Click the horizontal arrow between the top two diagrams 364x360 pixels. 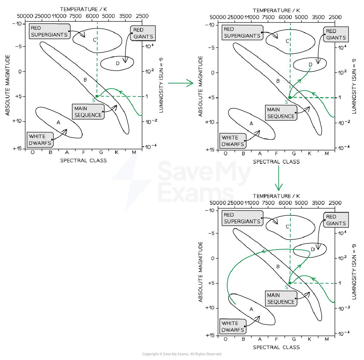181,83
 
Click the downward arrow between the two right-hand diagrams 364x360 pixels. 279,178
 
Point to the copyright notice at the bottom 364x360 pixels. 182,354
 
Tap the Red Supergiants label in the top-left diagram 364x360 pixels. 49,31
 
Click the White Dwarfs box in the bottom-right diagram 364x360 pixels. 233,326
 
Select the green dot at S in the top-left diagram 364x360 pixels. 97,96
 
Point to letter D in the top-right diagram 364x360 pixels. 310,64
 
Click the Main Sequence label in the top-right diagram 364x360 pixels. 281,113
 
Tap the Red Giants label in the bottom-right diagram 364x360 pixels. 336,220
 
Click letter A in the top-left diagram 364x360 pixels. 59,122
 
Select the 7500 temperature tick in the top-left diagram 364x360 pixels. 75,16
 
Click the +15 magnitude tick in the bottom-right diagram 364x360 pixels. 210,335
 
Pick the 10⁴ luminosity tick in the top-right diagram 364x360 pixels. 342,47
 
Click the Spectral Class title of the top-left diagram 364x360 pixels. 84,160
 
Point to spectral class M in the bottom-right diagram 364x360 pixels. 327,339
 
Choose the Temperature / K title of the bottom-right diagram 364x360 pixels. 276,196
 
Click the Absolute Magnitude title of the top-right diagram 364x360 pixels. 200,86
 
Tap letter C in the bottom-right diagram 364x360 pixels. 287,227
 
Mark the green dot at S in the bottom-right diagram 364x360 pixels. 290,283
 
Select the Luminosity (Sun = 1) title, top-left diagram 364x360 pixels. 161,85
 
